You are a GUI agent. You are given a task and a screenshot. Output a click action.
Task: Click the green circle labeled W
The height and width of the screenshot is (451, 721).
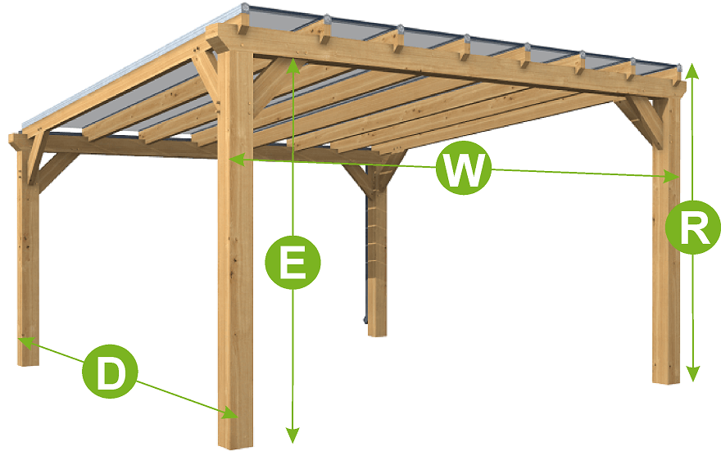point(464,169)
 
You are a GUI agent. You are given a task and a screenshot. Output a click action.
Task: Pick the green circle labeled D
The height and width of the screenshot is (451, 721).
point(110,373)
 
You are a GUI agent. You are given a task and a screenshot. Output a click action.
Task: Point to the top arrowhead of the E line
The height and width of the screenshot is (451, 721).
point(292,66)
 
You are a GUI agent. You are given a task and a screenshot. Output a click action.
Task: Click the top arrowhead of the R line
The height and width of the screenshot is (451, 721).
point(692,70)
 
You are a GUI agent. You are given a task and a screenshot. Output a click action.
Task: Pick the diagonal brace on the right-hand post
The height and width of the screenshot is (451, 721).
point(642,120)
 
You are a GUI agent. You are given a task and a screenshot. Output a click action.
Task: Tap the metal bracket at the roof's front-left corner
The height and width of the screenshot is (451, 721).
point(245,10)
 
